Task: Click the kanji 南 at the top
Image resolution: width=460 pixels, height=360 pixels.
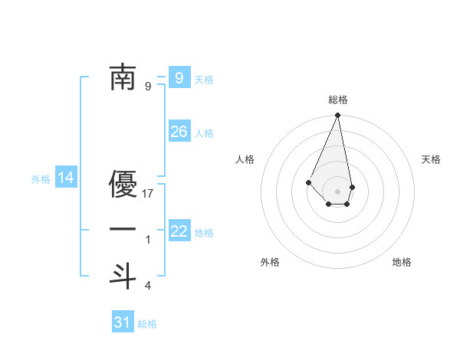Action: point(123,77)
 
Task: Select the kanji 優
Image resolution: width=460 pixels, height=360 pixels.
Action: point(123,185)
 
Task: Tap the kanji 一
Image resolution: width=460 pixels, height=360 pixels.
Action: point(123,230)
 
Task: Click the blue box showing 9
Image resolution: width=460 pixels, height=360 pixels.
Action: point(179,77)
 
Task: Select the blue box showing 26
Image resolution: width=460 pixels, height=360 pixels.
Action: point(179,132)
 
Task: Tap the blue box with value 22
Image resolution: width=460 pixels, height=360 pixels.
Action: point(179,231)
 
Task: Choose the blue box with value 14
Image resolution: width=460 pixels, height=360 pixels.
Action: point(66,178)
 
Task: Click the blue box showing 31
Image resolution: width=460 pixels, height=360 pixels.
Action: point(123,322)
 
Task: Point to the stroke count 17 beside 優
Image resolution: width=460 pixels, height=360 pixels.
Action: point(149,194)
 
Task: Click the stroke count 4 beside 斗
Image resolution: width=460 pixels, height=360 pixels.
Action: point(148,286)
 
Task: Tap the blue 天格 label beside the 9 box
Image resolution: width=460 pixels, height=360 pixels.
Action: point(204,80)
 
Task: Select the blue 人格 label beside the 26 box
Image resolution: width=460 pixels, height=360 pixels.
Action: point(204,133)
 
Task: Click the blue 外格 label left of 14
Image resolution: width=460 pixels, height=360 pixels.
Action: point(41,180)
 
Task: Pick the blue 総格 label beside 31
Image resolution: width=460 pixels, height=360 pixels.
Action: point(147,324)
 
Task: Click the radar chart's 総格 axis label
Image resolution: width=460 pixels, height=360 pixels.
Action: point(337,100)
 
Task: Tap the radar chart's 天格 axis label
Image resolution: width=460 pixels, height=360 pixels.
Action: point(431,159)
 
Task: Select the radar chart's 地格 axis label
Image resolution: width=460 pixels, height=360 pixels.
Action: point(402,262)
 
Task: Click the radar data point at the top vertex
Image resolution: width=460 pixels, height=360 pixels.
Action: point(337,116)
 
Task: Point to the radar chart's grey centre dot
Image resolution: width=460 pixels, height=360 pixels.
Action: point(337,191)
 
